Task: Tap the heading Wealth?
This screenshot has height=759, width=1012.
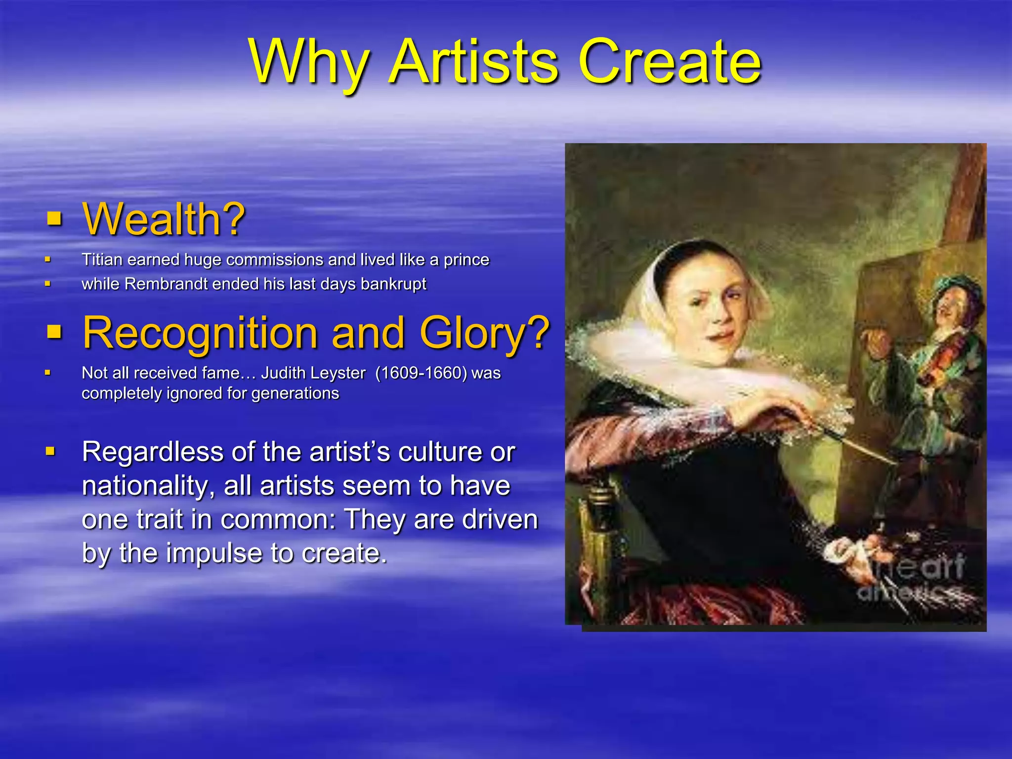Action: pos(164,219)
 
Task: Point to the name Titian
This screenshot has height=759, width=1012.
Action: pos(102,259)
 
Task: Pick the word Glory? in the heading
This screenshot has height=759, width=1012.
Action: pos(484,333)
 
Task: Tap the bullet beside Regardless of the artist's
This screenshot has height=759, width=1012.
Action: pos(50,451)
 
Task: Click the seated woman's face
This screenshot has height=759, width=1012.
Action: pos(712,316)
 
